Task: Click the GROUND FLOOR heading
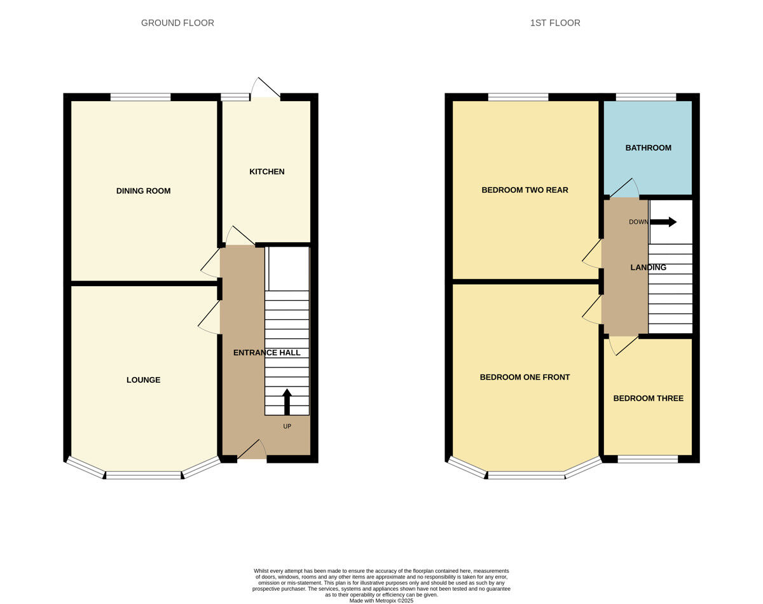(x=177, y=23)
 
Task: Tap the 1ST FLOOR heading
(x=555, y=23)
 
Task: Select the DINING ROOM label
(x=143, y=191)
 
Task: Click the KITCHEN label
(x=266, y=172)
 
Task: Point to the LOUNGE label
(x=143, y=380)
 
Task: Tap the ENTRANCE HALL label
(x=266, y=352)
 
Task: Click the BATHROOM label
(x=648, y=148)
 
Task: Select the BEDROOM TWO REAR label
(x=525, y=190)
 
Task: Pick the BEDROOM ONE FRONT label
(x=525, y=377)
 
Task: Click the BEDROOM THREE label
(x=648, y=398)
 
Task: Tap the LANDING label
(x=648, y=268)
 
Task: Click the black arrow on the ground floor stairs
(x=287, y=402)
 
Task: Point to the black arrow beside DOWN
(x=663, y=222)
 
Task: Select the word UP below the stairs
(x=287, y=427)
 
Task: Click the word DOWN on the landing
(x=638, y=222)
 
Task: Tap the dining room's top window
(x=141, y=97)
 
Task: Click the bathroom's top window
(x=646, y=97)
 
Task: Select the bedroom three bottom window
(x=648, y=459)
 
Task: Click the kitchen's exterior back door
(x=266, y=88)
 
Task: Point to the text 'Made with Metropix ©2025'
(x=381, y=601)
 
